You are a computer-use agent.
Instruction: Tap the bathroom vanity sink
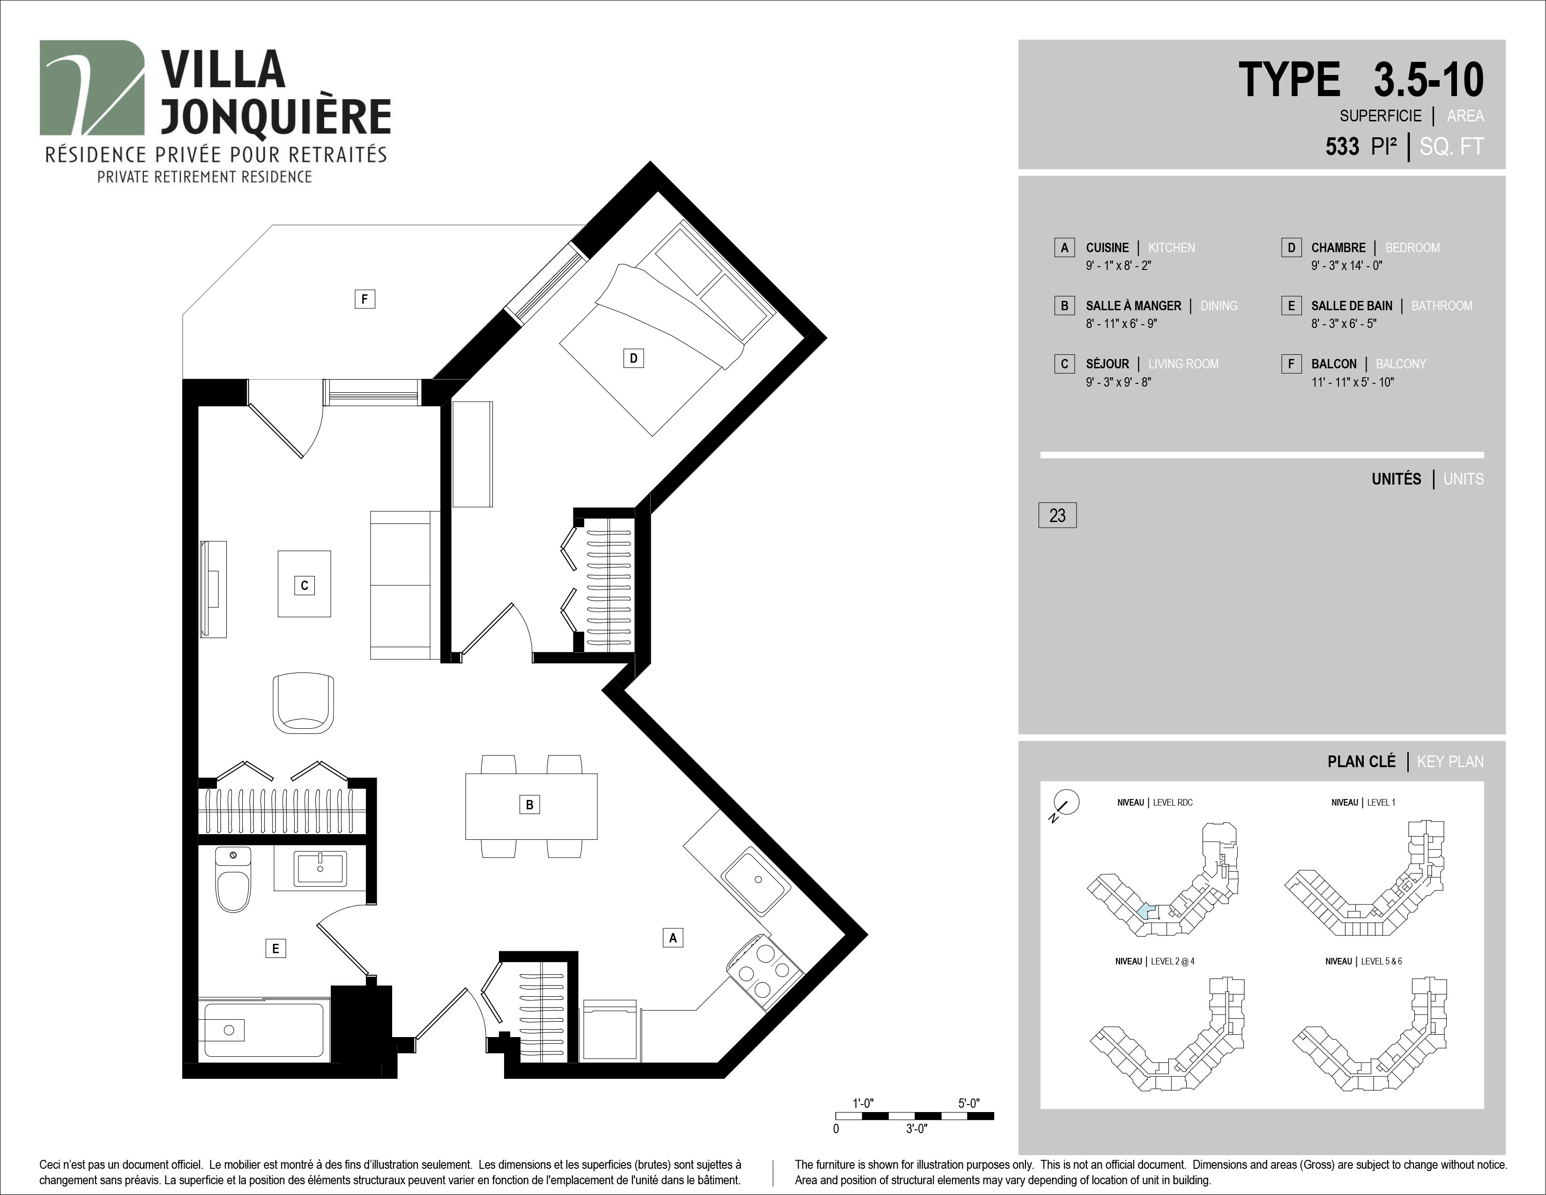point(320,869)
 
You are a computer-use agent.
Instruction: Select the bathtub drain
point(229,1030)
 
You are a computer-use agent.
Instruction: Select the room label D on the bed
point(633,358)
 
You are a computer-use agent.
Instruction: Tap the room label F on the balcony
point(364,299)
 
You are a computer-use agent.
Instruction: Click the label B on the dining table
point(529,804)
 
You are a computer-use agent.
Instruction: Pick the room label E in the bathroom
point(275,949)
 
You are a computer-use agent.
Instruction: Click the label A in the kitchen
point(672,938)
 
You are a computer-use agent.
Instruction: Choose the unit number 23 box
point(1057,515)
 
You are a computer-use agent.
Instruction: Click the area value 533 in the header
point(1342,147)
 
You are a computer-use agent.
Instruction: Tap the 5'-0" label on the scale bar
point(969,1103)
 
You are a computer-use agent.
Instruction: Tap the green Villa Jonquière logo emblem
point(92,88)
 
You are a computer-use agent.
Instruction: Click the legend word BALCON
point(1334,364)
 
